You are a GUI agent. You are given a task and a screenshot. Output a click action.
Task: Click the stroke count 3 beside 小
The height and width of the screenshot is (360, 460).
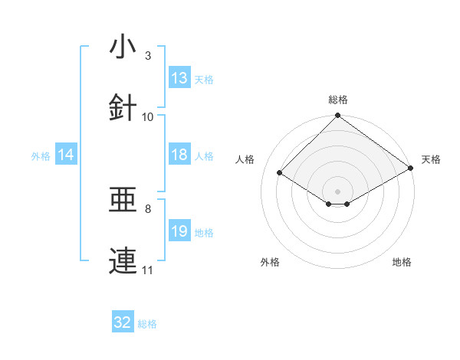pos(147,56)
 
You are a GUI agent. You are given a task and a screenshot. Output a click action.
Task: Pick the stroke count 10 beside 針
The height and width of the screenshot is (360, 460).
pos(148,117)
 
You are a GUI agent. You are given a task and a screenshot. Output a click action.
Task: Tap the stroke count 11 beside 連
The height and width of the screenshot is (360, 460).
pos(148,270)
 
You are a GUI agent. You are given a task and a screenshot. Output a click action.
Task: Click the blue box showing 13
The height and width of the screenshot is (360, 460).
pos(179,78)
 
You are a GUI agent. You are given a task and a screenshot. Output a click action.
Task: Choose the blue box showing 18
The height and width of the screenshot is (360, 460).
pos(179,155)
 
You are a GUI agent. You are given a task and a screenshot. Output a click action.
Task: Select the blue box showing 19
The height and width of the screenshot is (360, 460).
pos(179,231)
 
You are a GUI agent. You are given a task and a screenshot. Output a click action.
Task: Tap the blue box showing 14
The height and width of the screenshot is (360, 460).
pos(66,155)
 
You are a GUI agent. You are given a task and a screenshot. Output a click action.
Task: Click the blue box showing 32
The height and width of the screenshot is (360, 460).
pos(123,323)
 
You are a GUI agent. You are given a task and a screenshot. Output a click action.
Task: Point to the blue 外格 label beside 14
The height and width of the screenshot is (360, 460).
pos(41,156)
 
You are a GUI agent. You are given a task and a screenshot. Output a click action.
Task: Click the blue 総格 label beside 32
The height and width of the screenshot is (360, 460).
pos(147,324)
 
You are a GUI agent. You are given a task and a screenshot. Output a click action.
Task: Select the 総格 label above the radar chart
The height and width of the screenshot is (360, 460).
pos(338,100)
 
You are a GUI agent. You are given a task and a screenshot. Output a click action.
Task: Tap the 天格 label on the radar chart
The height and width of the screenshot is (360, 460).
pos(432,159)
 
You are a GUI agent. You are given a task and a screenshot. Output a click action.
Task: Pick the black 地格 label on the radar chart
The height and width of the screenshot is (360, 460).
pos(402,263)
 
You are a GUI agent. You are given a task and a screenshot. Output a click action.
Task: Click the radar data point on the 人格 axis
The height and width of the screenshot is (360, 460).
pos(280,172)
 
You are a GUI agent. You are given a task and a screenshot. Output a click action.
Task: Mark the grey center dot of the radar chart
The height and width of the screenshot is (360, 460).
pos(337,191)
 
